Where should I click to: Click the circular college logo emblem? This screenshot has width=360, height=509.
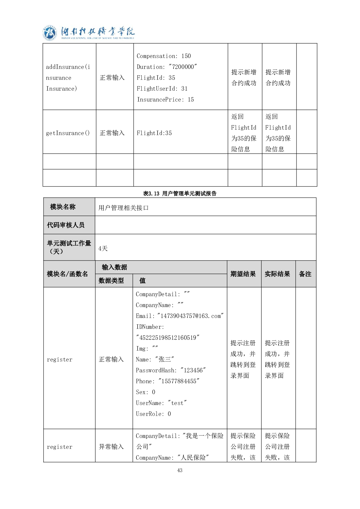click(x=50, y=33)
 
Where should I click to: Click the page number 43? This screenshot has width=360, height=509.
click(x=180, y=470)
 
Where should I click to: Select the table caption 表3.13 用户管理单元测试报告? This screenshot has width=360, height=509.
click(x=180, y=193)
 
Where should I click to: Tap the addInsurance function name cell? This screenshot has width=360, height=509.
click(x=68, y=78)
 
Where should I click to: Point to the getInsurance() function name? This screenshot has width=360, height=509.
click(x=68, y=133)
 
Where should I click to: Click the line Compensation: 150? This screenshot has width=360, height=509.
click(x=164, y=56)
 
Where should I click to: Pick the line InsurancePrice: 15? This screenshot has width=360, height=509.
click(x=165, y=99)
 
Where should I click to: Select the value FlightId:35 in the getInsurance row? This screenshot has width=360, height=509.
click(x=154, y=133)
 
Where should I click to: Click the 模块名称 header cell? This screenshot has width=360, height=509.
click(x=63, y=207)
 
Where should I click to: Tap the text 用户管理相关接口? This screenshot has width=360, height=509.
click(x=124, y=208)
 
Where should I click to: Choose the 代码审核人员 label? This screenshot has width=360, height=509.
click(x=66, y=225)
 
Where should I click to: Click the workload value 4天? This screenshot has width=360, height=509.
click(x=103, y=248)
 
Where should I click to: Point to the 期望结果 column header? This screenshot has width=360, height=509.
click(x=243, y=274)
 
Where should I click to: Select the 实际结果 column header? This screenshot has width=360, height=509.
click(x=277, y=274)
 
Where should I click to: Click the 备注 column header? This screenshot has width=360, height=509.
click(x=305, y=274)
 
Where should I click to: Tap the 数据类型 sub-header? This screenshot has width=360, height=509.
click(x=111, y=280)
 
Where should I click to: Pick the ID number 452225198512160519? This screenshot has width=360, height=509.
click(x=168, y=338)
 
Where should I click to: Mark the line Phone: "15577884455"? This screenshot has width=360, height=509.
click(x=167, y=381)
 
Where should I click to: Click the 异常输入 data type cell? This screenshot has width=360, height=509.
click(x=111, y=447)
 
